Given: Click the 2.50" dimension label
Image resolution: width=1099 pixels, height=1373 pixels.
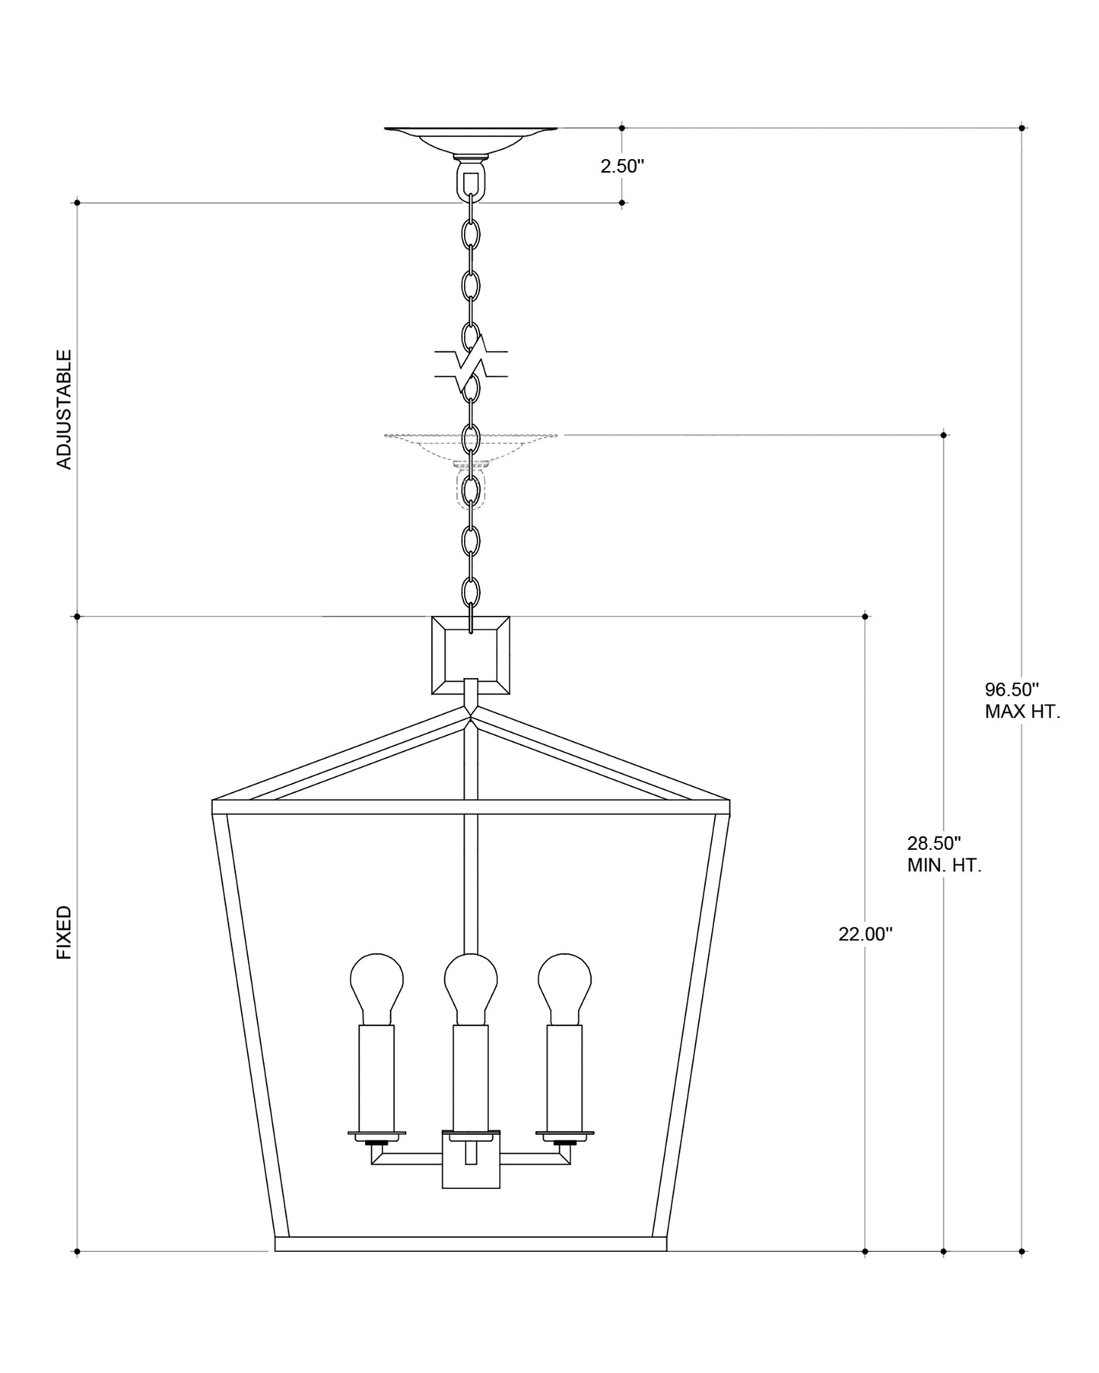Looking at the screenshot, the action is tap(622, 166).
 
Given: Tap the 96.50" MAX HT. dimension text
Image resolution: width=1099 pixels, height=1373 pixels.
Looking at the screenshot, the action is tap(1022, 701).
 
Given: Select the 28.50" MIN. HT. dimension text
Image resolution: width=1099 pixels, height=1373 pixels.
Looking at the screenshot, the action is tap(944, 854).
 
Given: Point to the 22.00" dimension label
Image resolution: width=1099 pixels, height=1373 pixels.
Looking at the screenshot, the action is tap(865, 934).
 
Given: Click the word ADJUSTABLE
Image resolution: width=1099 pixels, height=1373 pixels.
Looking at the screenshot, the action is tap(65, 409).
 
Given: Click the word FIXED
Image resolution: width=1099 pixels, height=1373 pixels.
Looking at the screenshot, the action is tap(65, 932).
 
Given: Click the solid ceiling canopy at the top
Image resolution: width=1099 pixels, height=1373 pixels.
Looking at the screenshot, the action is tap(471, 141).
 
